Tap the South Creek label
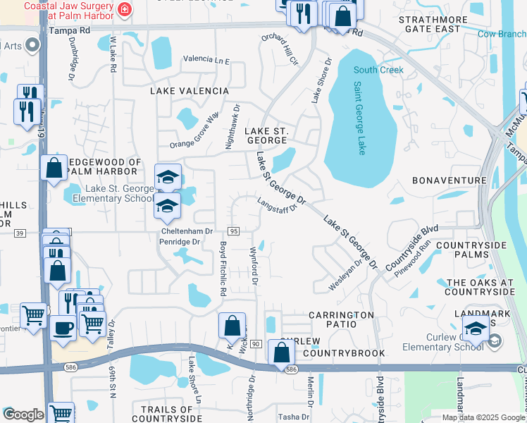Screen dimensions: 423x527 [x=378, y=70]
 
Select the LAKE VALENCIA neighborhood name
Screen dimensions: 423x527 [x=190, y=91]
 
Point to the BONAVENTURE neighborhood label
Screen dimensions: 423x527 [x=449, y=180]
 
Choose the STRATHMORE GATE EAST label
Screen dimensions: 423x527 [x=439, y=25]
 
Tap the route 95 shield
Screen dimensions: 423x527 [x=233, y=231]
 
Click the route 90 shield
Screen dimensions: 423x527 [x=255, y=343]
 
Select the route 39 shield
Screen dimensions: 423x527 [x=19, y=233]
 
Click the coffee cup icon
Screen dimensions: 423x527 [x=63, y=328]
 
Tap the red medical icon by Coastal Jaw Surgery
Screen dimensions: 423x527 [x=125, y=9]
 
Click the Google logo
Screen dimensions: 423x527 [x=23, y=414]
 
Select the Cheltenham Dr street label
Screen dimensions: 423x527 [x=187, y=231]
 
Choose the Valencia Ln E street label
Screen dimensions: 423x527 [x=206, y=61]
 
